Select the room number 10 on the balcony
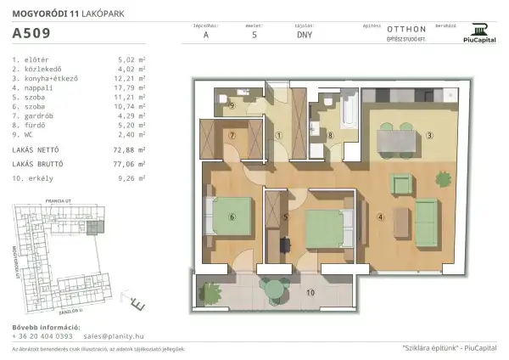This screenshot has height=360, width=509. click(x=310, y=293)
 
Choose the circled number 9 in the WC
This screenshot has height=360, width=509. click(x=231, y=106)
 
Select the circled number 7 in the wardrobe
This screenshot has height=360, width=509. click(x=231, y=134)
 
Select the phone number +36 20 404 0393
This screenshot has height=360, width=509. click(x=42, y=336)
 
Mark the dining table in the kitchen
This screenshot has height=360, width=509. click(x=397, y=136)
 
